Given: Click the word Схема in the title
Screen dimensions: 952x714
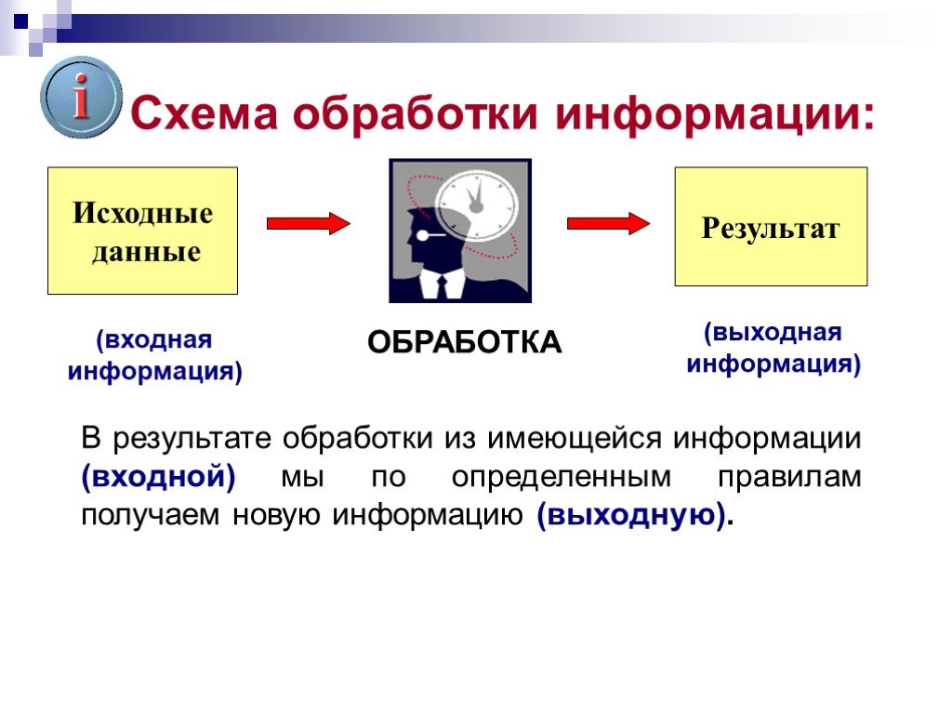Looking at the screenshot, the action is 204,113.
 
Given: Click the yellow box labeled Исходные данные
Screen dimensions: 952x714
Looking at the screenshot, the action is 142,231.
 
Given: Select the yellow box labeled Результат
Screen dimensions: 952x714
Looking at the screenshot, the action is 771,227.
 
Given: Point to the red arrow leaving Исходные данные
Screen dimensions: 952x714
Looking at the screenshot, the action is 309,223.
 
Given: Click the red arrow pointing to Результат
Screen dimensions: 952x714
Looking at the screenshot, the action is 608,223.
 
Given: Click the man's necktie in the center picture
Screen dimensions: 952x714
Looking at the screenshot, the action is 442,288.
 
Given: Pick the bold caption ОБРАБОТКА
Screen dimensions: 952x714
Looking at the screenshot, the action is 465,342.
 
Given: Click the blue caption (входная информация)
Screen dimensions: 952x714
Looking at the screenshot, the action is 155,355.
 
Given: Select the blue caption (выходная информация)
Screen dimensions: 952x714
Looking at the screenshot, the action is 773,349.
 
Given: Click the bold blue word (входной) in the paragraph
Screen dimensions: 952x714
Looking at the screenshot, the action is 158,477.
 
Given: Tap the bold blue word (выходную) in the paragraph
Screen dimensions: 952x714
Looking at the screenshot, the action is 631,515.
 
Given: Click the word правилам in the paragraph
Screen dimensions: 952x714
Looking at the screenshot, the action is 789,477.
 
